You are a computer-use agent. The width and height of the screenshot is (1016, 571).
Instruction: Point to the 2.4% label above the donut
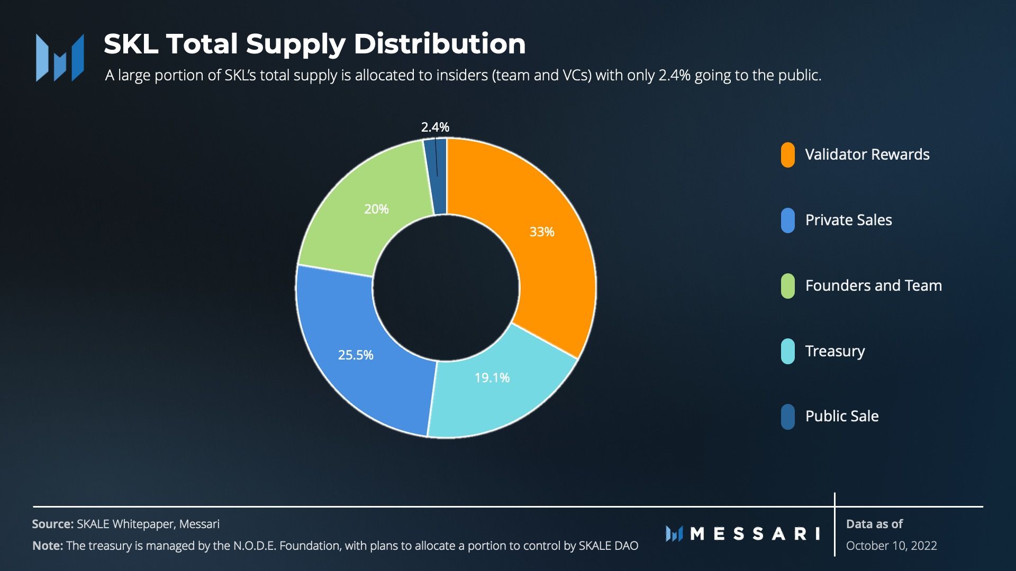(435, 127)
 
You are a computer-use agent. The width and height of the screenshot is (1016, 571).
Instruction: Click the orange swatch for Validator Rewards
(787, 155)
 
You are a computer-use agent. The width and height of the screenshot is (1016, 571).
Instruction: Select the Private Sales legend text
(848, 220)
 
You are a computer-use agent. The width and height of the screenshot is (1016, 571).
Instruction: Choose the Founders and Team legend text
(873, 285)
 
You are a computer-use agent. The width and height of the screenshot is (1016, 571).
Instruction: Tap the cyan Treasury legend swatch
(787, 351)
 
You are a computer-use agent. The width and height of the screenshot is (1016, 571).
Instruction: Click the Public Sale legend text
(841, 416)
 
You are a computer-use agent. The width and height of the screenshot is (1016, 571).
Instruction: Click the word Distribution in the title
(439, 44)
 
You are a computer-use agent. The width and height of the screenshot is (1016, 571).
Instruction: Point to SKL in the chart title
(131, 44)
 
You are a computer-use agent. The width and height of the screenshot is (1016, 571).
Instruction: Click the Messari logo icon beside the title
(60, 58)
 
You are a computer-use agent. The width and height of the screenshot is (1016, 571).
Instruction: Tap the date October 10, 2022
(891, 546)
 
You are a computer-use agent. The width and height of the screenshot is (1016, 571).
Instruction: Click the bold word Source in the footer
(52, 524)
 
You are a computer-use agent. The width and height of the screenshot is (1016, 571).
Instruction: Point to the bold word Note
(47, 546)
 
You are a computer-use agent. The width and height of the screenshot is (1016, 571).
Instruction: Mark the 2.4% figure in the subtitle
(674, 76)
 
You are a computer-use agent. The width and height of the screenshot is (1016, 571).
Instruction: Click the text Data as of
(874, 524)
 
